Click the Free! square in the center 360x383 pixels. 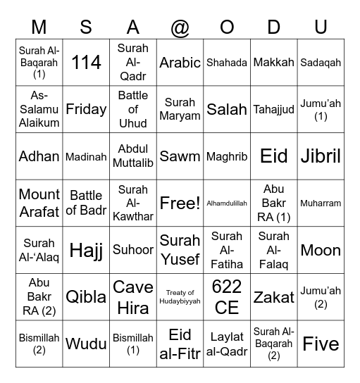coord(180,203)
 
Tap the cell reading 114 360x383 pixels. coord(86,62)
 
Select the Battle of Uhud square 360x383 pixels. coord(133,109)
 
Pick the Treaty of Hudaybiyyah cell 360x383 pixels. coord(180,297)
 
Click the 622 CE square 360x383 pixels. coord(227,297)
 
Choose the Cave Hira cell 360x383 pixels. coord(133,297)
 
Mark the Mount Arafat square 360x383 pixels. coord(39,203)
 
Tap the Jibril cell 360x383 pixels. coord(321,156)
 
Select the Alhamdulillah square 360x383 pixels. coord(227,203)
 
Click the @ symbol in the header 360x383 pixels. coord(180,27)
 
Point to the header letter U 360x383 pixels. coord(321,27)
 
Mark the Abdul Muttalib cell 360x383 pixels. coord(133,156)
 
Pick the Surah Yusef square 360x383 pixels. coord(180,250)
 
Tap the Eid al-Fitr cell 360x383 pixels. coord(180,344)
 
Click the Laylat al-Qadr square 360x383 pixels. coord(227,344)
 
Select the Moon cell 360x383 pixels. coord(321,250)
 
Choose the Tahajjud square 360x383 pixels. coord(274,109)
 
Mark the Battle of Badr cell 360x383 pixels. coord(86,203)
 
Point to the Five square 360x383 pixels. coord(321,344)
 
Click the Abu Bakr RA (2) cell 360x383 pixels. coord(39,297)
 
